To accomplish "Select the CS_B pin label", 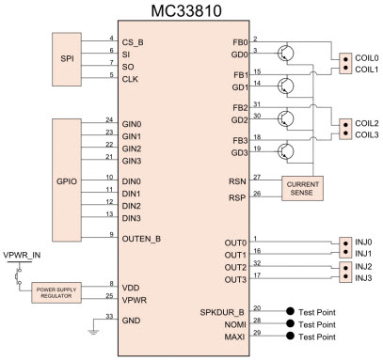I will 136,41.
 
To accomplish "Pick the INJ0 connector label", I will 363,241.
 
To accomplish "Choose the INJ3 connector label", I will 363,277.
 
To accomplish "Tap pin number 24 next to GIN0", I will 110,119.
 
